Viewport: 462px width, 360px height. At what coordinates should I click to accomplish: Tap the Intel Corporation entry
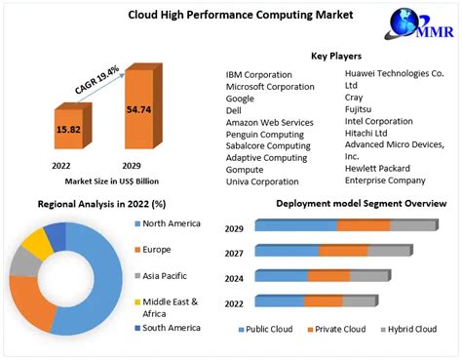pos(379,122)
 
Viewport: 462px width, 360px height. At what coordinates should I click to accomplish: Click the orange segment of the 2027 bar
pos(343,251)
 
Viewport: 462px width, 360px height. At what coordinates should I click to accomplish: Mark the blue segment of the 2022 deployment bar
pos(280,300)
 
